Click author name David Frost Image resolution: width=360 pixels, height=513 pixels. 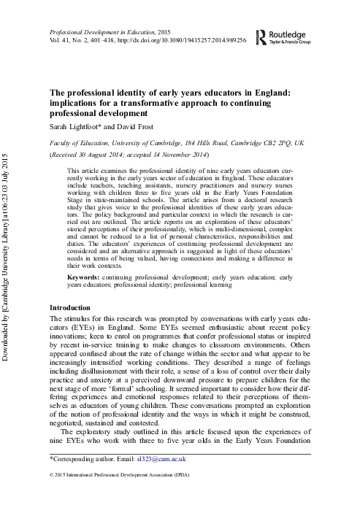(133, 126)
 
